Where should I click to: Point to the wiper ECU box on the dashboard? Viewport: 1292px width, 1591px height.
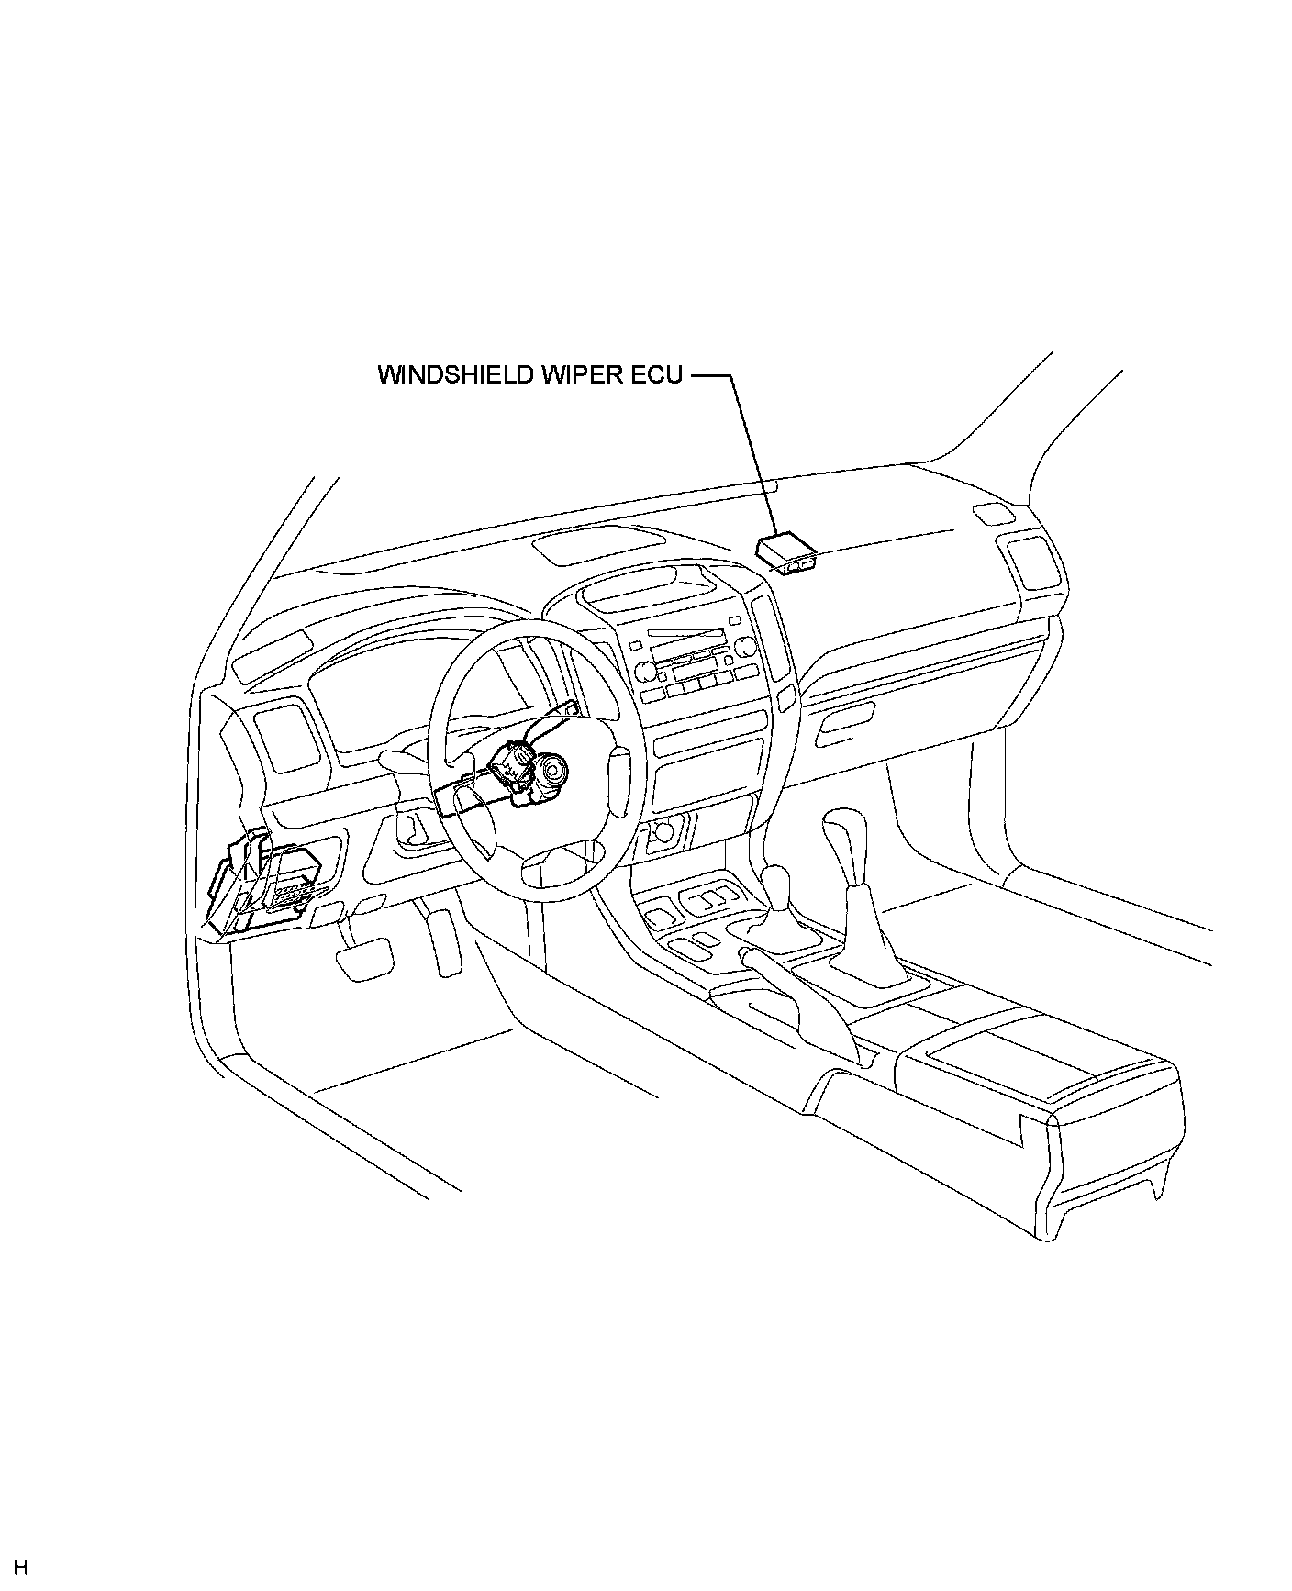pyautogui.click(x=785, y=552)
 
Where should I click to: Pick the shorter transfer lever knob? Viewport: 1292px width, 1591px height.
pyautogui.click(x=776, y=886)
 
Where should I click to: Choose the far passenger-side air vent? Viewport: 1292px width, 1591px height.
pyautogui.click(x=1033, y=564)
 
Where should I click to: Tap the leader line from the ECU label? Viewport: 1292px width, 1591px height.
pyautogui.click(x=754, y=454)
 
